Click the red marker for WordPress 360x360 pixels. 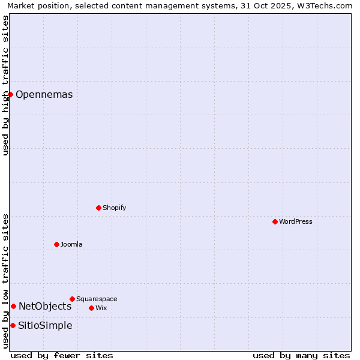click(x=275, y=221)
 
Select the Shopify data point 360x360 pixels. click(x=98, y=208)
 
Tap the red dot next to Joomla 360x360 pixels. click(x=56, y=244)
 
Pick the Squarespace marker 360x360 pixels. click(x=72, y=299)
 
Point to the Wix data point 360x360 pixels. click(x=91, y=308)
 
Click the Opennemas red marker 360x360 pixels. click(x=10, y=94)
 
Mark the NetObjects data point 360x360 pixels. click(x=13, y=306)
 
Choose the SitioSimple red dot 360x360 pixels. click(x=13, y=325)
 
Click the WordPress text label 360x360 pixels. click(x=296, y=221)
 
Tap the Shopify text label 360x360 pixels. click(x=115, y=208)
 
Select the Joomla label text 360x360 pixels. click(x=71, y=244)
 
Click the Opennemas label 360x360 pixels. click(x=44, y=94)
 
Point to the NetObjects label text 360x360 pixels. click(x=45, y=306)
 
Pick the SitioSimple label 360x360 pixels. click(x=45, y=325)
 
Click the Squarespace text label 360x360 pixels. click(x=97, y=299)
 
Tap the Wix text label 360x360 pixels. click(x=101, y=308)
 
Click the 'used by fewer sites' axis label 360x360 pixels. click(x=62, y=355)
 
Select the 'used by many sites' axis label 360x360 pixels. click(x=301, y=355)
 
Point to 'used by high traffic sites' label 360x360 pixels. click(x=5, y=85)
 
